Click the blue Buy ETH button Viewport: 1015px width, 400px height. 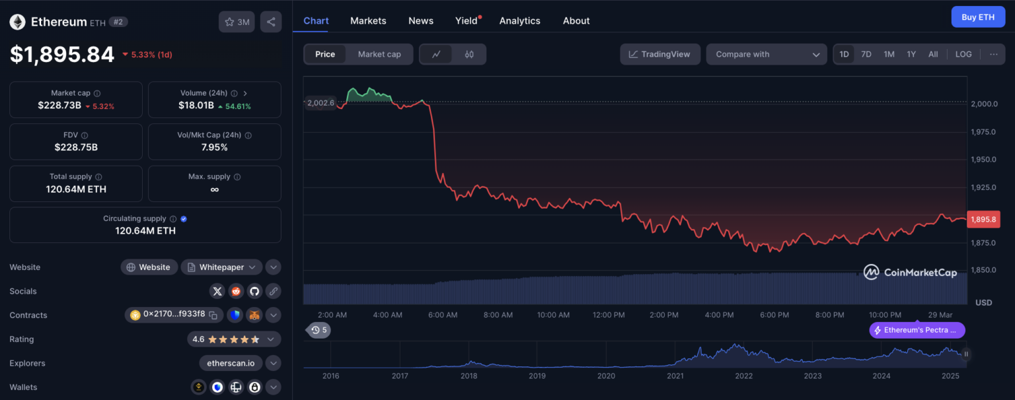point(977,17)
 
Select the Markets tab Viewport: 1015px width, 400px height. point(368,20)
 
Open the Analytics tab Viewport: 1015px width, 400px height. point(519,20)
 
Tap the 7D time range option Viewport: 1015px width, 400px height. point(866,54)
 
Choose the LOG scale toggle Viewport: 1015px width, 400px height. point(963,54)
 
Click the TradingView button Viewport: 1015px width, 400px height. point(659,54)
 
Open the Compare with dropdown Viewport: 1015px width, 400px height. point(766,54)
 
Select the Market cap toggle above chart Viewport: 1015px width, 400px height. point(379,54)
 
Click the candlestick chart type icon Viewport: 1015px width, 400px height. point(469,54)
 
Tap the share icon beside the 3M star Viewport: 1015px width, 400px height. point(271,22)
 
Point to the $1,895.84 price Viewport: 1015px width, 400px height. point(62,54)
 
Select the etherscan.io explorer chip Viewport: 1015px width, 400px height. point(231,363)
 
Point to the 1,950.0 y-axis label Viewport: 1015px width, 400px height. point(984,159)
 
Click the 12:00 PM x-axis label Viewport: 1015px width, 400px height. point(609,315)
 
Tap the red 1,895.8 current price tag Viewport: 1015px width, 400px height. point(983,219)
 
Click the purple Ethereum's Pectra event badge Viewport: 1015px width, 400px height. point(917,330)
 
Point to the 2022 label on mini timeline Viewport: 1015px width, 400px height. point(743,376)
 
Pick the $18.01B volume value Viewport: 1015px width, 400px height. point(196,106)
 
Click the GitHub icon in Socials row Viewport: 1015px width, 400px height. point(254,291)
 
